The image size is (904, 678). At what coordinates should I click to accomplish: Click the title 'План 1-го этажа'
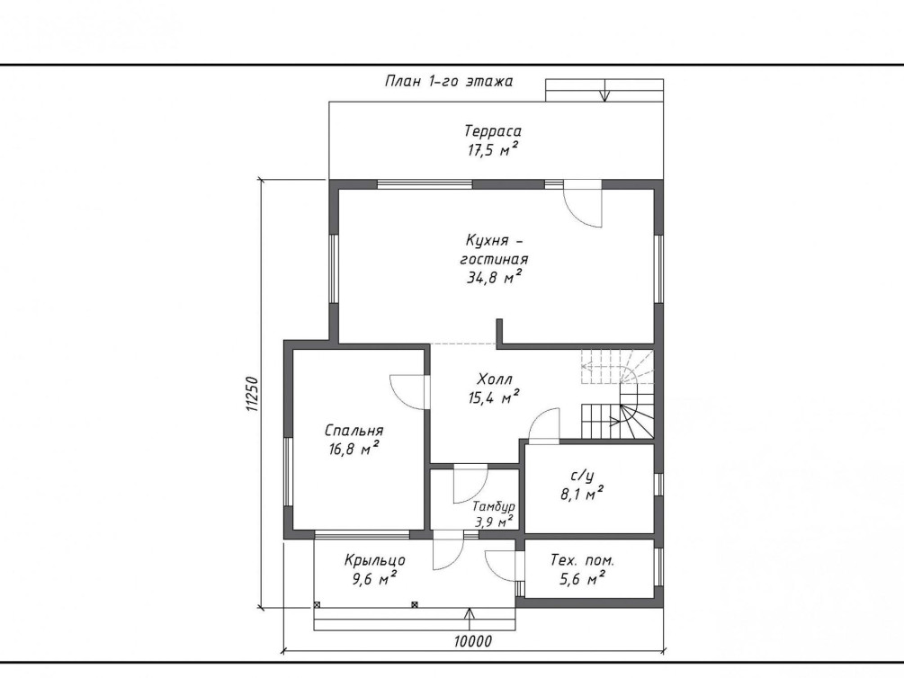click(x=449, y=81)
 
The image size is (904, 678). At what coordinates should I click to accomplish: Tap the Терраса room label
click(x=492, y=131)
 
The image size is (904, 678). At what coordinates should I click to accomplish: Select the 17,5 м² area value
click(x=492, y=150)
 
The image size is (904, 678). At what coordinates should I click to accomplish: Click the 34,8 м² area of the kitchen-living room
click(x=494, y=278)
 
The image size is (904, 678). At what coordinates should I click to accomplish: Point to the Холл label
click(x=494, y=379)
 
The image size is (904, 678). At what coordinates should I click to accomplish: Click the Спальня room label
click(x=354, y=431)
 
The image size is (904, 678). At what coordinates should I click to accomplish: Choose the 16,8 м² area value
click(x=354, y=449)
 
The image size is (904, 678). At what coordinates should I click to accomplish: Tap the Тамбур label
click(x=494, y=507)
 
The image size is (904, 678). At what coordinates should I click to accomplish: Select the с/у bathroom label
click(x=582, y=476)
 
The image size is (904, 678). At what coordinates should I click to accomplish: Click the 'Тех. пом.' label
click(x=582, y=560)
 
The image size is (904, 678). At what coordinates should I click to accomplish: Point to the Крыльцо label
click(x=375, y=560)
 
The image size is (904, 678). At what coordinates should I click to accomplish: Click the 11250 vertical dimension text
click(x=252, y=395)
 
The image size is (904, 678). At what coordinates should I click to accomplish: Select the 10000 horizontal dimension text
click(x=472, y=641)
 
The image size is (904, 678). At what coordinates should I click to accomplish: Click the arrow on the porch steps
click(x=470, y=619)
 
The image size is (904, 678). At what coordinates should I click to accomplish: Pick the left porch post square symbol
click(x=317, y=605)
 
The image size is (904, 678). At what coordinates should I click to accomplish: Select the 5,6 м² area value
click(x=582, y=578)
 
